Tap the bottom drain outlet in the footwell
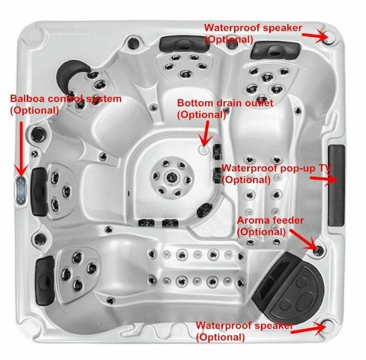204,149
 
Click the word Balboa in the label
27,100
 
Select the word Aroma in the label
252,220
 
